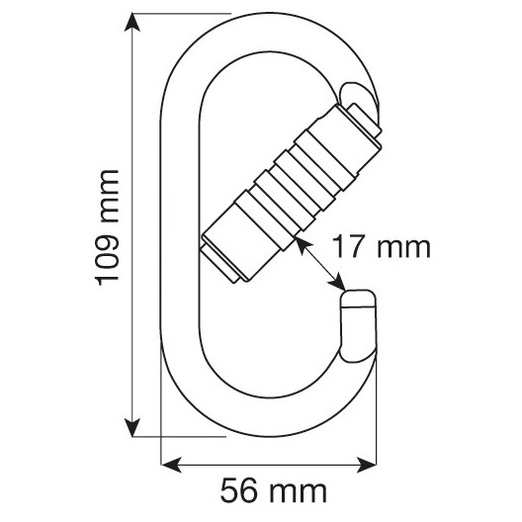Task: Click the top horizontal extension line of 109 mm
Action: [183, 14]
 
